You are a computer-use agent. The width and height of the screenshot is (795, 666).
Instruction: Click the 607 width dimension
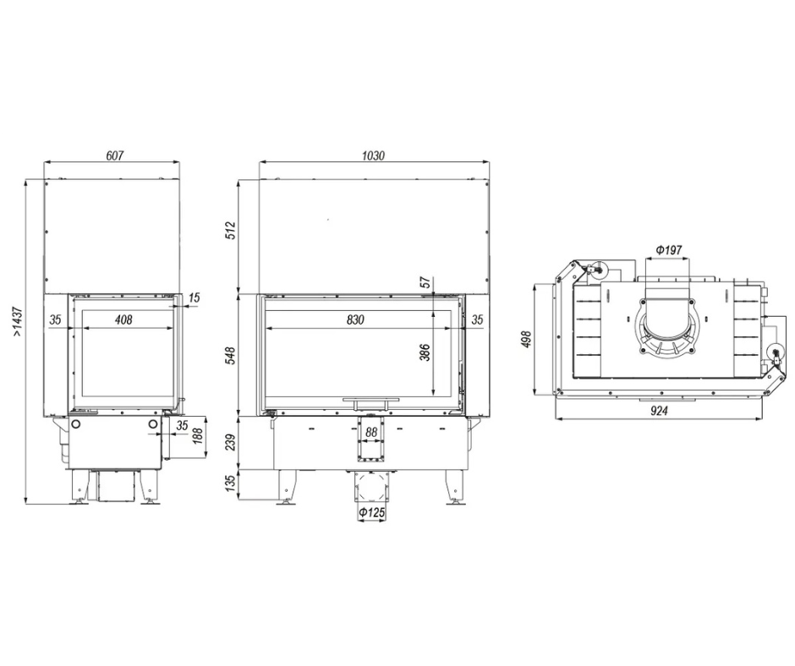(x=114, y=156)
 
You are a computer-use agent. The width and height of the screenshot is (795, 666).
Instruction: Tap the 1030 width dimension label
(x=373, y=156)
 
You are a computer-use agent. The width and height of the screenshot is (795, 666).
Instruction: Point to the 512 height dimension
(x=231, y=231)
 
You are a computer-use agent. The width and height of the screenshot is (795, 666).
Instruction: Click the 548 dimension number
(x=231, y=356)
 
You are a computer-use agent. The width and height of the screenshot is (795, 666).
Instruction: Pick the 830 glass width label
(x=355, y=319)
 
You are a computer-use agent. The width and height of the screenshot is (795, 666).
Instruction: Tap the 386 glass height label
(x=425, y=352)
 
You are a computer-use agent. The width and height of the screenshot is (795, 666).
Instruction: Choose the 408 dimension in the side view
(x=123, y=319)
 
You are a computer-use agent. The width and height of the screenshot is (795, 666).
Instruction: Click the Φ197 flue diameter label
(x=668, y=250)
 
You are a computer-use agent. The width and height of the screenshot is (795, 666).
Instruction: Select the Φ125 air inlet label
(x=372, y=513)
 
